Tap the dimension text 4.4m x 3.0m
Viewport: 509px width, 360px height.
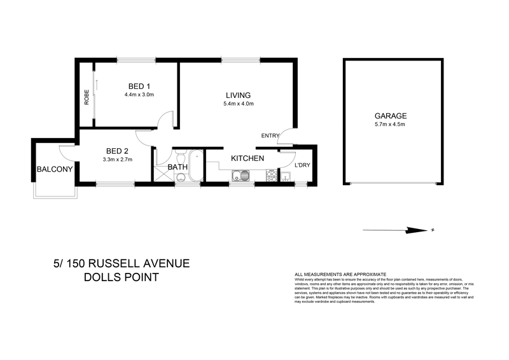pyautogui.click(x=139, y=95)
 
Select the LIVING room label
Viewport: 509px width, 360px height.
pyautogui.click(x=237, y=95)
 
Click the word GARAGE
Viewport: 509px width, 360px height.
pyautogui.click(x=390, y=116)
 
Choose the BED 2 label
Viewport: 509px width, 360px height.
pyautogui.click(x=118, y=151)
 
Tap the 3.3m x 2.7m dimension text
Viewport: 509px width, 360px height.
pyautogui.click(x=118, y=159)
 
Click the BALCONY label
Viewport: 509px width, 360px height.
pyautogui.click(x=54, y=170)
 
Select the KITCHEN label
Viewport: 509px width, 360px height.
pyautogui.click(x=247, y=158)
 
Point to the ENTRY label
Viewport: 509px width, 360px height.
pyautogui.click(x=270, y=136)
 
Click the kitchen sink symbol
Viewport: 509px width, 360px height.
pyautogui.click(x=241, y=176)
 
